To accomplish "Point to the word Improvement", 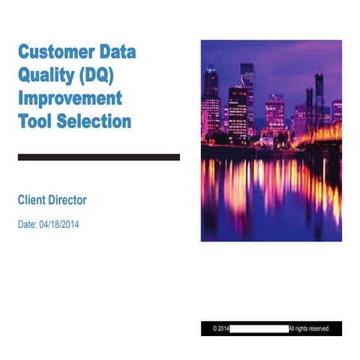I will (x=69, y=98).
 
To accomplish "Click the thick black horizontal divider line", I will (x=98, y=157).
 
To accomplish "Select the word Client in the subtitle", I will (x=33, y=200).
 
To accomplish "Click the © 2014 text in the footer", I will (x=220, y=328).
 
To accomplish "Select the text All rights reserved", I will (x=309, y=328).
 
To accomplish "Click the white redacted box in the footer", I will (x=259, y=328).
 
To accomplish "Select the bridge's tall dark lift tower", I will (x=319, y=97).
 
